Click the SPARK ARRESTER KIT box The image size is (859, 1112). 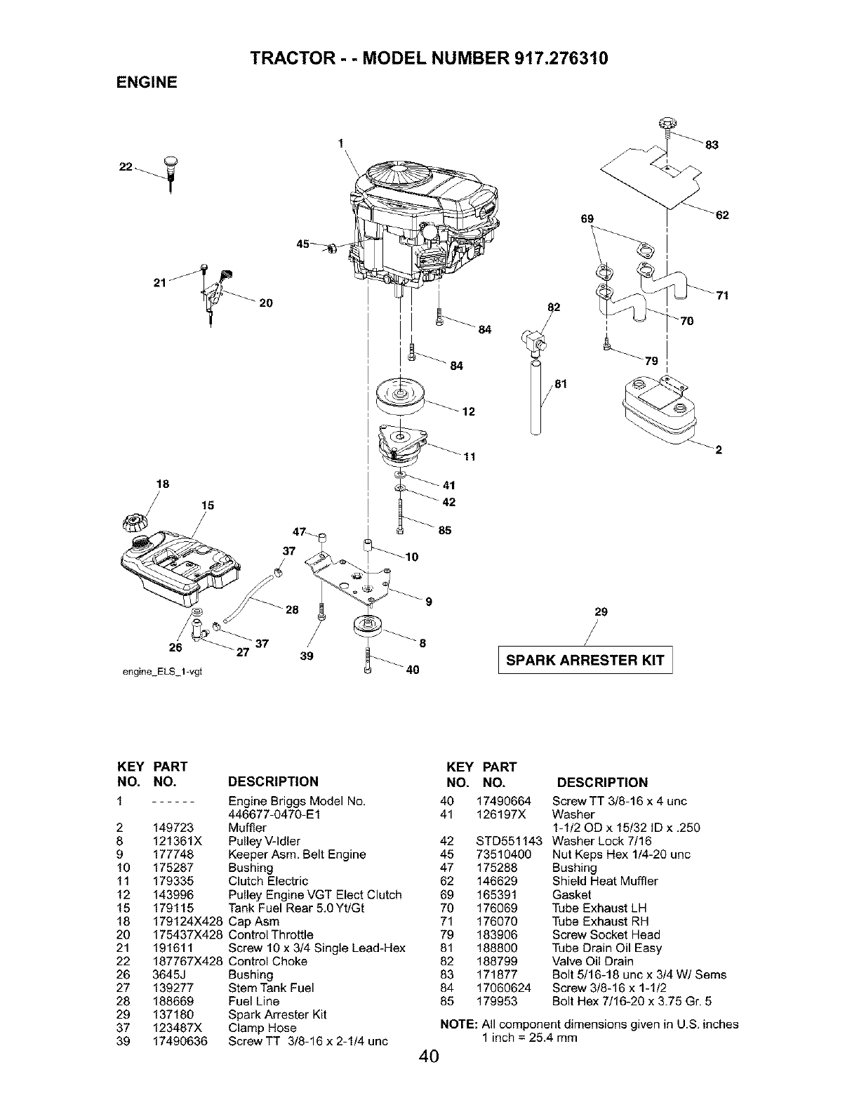click(585, 660)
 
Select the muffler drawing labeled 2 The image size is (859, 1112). click(656, 411)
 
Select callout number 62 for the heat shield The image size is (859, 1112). click(723, 216)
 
